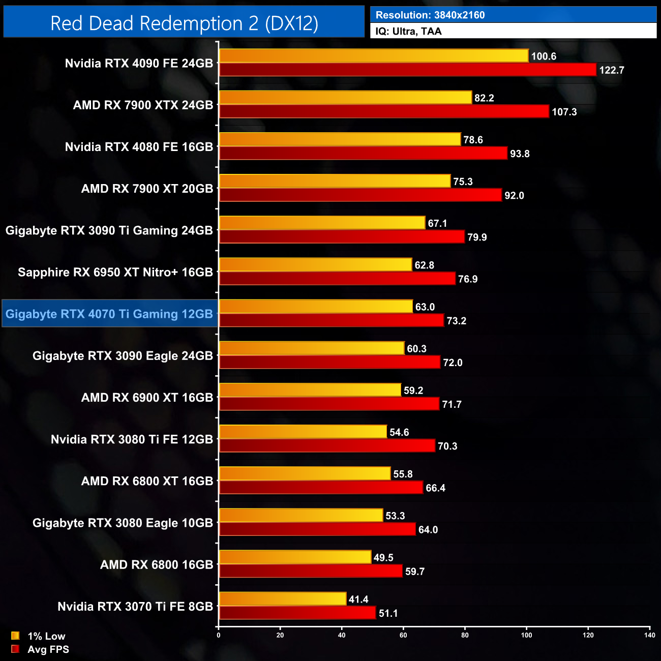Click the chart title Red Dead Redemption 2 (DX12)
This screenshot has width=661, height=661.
184,23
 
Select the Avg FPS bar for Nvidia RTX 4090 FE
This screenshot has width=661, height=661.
407,70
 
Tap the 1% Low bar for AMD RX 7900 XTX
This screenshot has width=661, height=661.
345,98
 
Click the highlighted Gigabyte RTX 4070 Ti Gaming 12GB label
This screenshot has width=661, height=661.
109,314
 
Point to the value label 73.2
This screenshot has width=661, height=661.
456,321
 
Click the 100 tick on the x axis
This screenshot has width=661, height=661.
526,635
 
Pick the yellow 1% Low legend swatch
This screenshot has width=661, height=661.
15,636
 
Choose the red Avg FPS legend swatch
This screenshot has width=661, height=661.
15,649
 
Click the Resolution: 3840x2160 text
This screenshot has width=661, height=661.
430,15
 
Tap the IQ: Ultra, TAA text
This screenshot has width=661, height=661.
408,32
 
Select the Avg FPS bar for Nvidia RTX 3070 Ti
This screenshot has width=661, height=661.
297,613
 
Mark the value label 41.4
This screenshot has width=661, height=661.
358,599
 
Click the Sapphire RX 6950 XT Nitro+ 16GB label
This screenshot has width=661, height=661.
115,272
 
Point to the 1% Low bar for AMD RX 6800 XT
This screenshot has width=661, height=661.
305,473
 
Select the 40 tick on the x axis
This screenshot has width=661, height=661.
342,635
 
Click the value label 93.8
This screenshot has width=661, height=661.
520,154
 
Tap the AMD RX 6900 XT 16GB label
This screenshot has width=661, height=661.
147,398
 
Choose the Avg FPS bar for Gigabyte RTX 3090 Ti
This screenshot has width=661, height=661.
342,237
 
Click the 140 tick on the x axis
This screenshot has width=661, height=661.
649,635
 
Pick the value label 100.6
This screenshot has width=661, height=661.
544,56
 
